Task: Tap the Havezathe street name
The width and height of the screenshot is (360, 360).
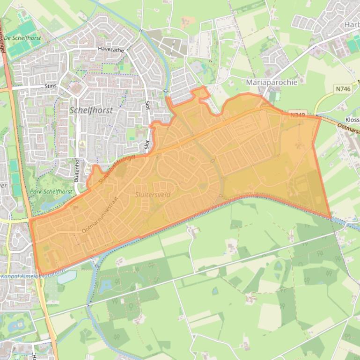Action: pos(110,49)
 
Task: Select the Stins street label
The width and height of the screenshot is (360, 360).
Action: pos(50,86)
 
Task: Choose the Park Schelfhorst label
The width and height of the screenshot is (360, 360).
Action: pos(51,192)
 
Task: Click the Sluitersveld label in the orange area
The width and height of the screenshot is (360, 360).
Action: pos(153,194)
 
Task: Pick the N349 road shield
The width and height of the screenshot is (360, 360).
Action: pos(298,115)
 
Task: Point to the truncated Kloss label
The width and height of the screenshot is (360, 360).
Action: pos(352,119)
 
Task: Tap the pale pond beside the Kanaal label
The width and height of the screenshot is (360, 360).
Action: pos(66,277)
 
